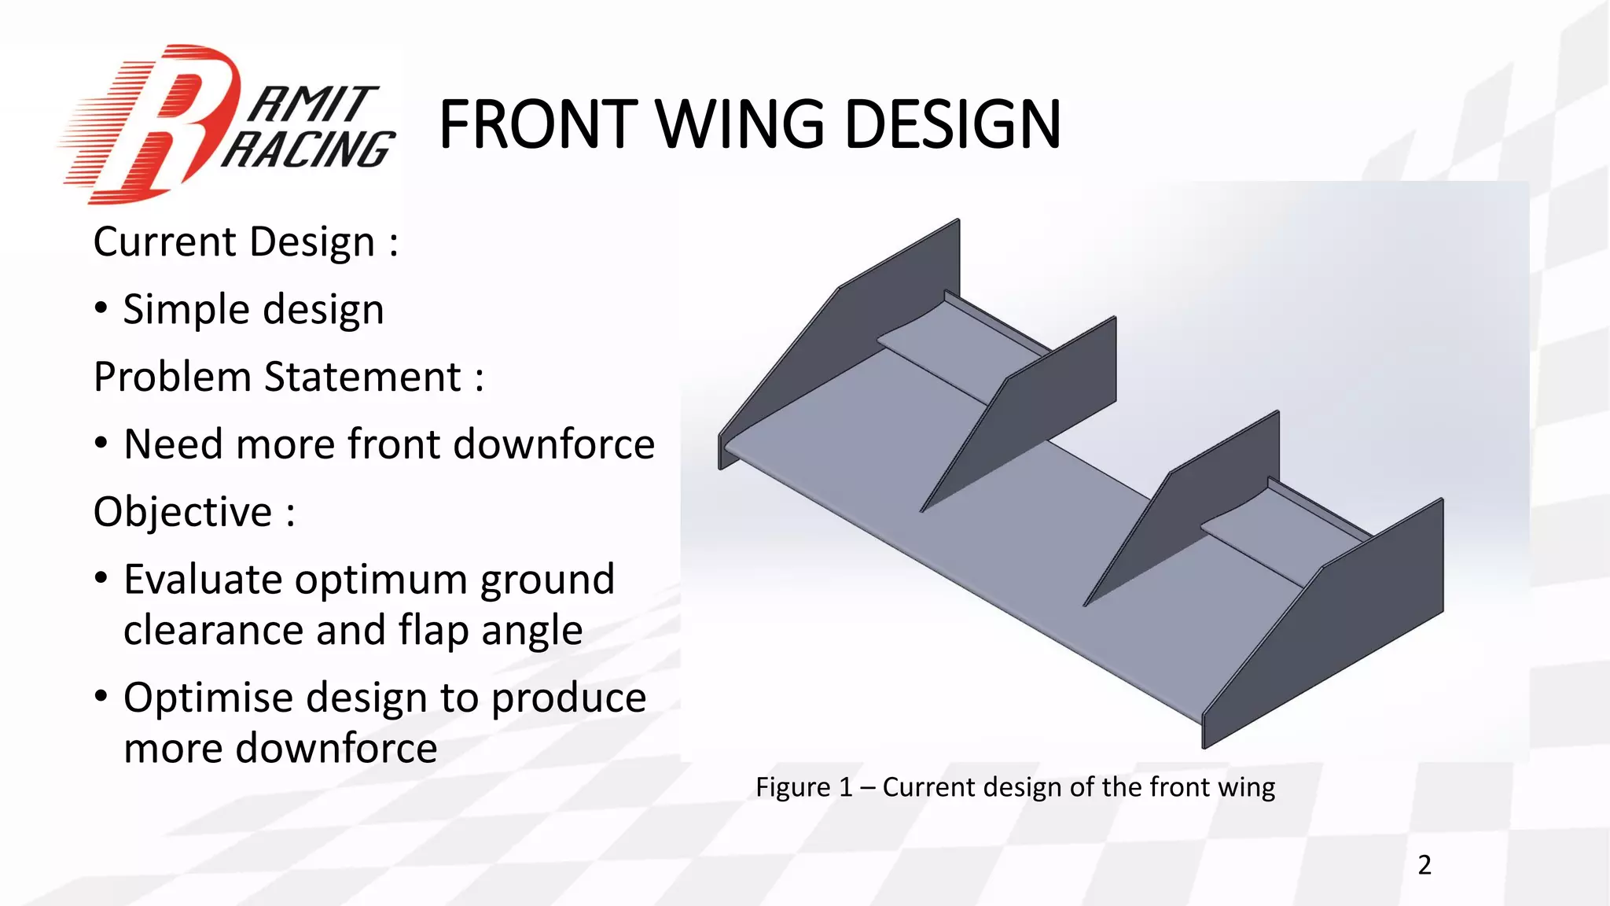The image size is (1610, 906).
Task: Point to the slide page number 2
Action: (1424, 865)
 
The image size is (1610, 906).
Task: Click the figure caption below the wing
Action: (1015, 786)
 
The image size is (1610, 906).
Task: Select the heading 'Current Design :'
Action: (245, 241)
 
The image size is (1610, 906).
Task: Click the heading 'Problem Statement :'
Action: (289, 377)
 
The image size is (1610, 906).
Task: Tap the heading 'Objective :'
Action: (194, 512)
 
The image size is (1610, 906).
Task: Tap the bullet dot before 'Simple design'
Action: (101, 308)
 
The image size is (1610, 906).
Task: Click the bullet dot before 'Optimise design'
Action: (101, 696)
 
